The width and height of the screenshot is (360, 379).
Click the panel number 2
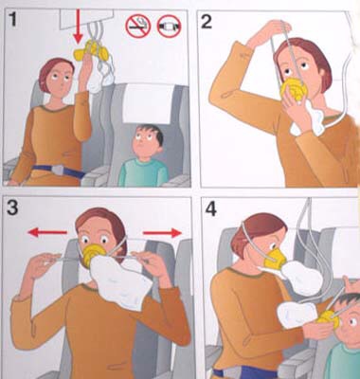[207, 22]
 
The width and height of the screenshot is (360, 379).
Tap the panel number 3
[12, 208]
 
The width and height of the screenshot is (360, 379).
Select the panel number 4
[210, 209]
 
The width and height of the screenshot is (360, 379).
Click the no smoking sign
[138, 26]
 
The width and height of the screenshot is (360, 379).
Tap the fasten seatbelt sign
[169, 26]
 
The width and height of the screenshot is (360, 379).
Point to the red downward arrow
[78, 27]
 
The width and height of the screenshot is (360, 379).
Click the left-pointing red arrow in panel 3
[47, 233]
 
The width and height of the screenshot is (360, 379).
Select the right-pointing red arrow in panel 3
[162, 233]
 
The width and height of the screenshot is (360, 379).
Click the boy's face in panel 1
[143, 142]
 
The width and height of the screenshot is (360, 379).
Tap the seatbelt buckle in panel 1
[58, 171]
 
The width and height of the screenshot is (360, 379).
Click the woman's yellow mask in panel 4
[276, 259]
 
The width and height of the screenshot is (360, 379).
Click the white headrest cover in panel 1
[149, 103]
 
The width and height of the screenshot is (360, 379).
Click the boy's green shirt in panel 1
[143, 172]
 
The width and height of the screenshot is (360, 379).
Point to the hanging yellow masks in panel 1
[92, 50]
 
